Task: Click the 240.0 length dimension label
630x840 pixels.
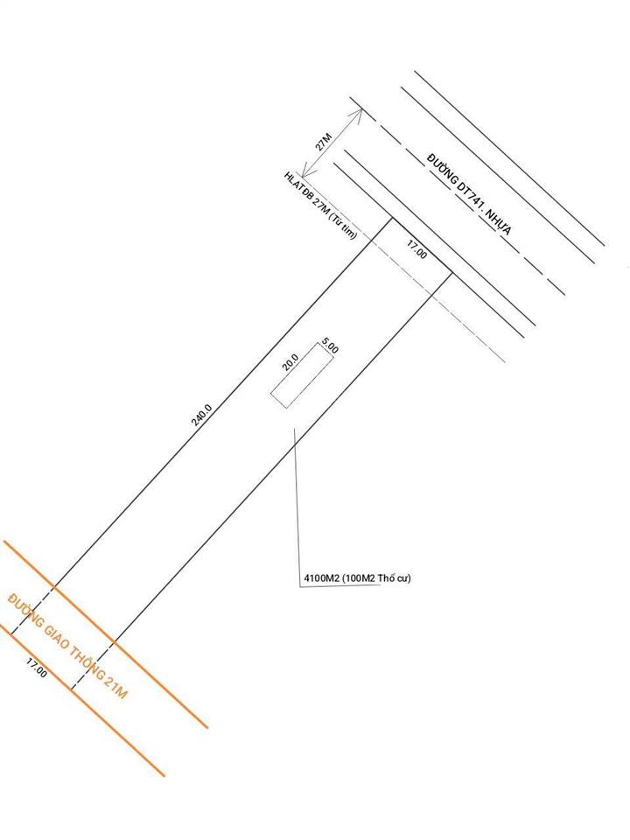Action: [x=202, y=415]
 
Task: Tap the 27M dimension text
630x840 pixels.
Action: [x=324, y=142]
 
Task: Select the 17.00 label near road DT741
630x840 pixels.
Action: [x=416, y=249]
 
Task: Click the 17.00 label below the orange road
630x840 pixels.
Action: [x=37, y=668]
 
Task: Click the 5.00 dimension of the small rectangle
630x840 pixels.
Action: [x=330, y=345]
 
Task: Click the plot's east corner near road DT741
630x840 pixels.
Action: [x=452, y=274]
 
